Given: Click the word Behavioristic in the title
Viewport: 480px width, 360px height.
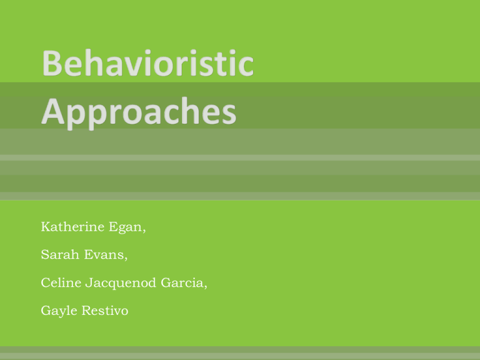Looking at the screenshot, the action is click(x=148, y=62).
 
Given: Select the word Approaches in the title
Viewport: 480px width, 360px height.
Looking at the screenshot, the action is click(x=139, y=112).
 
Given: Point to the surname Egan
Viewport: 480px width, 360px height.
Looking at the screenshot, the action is click(x=125, y=227).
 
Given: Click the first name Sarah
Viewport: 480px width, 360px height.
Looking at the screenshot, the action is click(x=60, y=254).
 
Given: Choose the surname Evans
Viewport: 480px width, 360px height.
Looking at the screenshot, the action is click(x=104, y=254).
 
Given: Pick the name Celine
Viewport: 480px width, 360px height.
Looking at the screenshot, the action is click(x=61, y=282).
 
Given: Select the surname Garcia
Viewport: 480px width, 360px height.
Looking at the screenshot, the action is click(x=182, y=282).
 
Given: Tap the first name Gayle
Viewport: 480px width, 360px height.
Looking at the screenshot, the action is click(x=59, y=311).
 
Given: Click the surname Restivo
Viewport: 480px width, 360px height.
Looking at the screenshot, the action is click(x=105, y=311).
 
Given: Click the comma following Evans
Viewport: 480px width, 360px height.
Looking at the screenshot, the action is click(x=126, y=259).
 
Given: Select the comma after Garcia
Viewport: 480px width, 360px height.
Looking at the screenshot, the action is click(x=206, y=287).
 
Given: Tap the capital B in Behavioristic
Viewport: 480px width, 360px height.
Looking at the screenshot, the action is click(x=51, y=63).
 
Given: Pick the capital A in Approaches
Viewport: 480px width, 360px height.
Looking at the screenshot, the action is click(x=52, y=111).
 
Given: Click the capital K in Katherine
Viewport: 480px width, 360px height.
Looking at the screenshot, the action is click(x=46, y=226).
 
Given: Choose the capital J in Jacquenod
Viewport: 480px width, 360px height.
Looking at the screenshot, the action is click(x=89, y=283).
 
